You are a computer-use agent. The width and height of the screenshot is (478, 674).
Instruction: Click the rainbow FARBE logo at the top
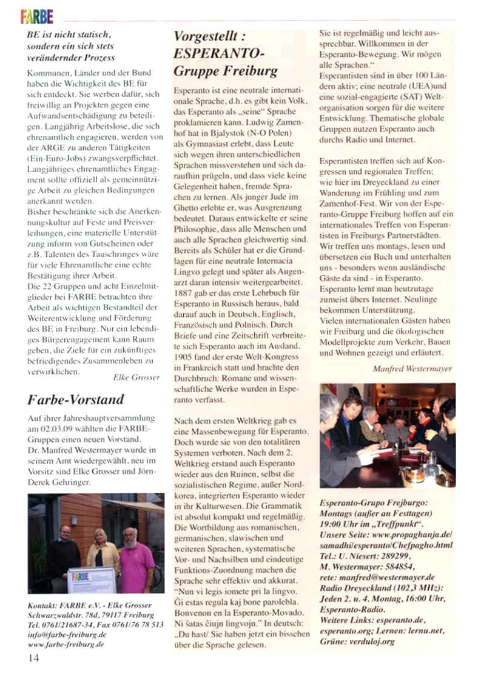tap(37, 16)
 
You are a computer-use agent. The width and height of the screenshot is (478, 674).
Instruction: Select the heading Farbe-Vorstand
tap(76, 399)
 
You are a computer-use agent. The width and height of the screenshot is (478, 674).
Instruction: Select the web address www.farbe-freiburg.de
tap(66, 645)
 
